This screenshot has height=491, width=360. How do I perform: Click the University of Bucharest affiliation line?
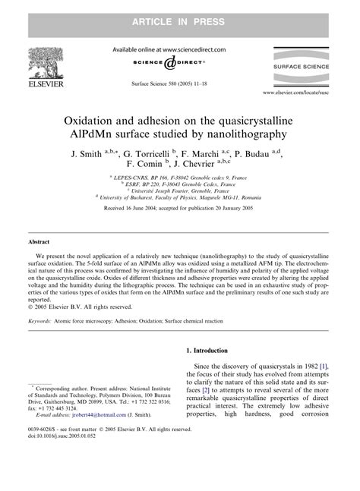179,195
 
